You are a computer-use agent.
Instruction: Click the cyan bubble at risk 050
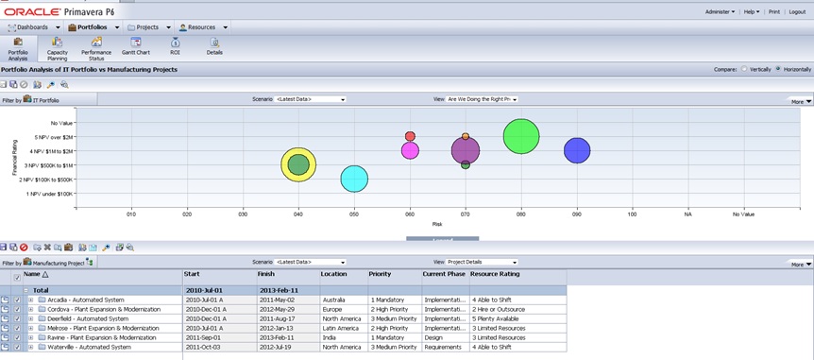[x=354, y=178]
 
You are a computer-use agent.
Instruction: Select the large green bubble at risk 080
[x=521, y=136]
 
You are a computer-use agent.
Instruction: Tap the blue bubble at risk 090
[x=577, y=150]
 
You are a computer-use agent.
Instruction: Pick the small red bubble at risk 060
[x=410, y=136]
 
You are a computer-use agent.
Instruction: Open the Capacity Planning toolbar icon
[x=58, y=48]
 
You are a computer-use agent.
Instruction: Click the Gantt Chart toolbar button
[x=136, y=48]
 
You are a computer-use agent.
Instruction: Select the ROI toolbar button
[x=175, y=47]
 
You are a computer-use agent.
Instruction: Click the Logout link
[x=797, y=11]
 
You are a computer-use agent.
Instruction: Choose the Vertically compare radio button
[x=744, y=69]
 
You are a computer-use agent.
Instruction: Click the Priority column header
[x=381, y=274]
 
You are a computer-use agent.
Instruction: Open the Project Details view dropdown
[x=483, y=262]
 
